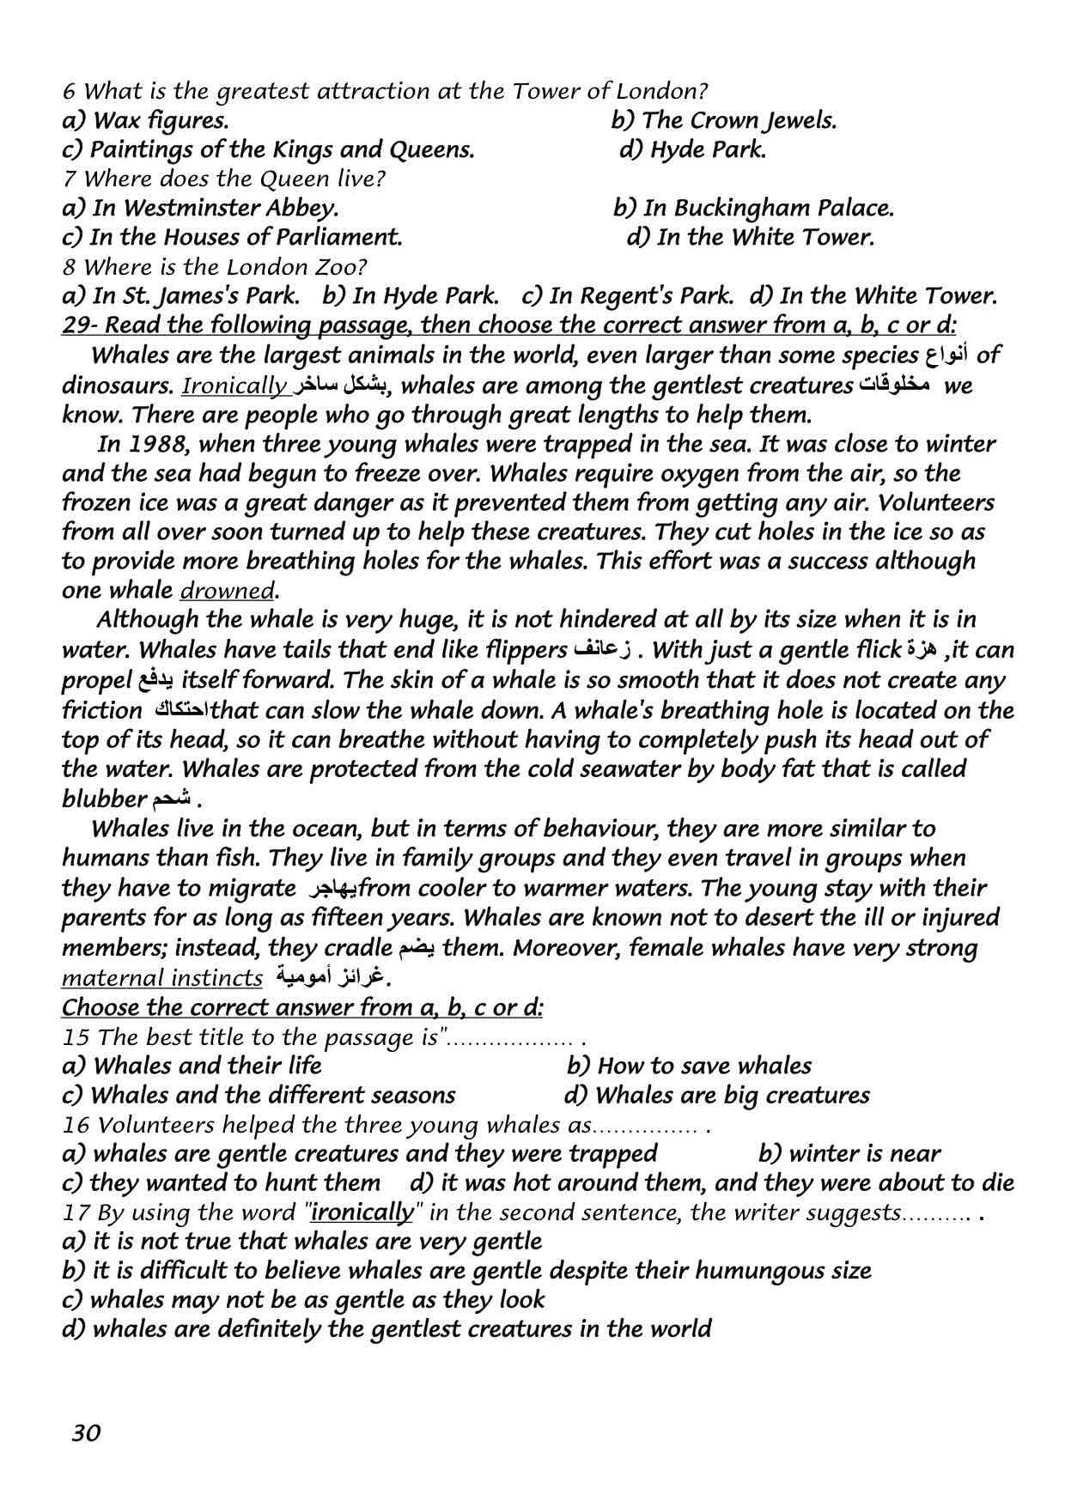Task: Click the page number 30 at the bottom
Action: tap(87, 1432)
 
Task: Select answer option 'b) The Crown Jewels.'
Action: tap(723, 121)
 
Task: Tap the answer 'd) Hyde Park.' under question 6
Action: tap(692, 150)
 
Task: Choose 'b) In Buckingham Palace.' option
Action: tap(753, 209)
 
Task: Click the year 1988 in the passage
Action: tap(159, 445)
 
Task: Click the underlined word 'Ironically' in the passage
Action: tap(234, 386)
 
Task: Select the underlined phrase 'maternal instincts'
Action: tap(162, 978)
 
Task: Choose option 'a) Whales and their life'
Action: tap(192, 1066)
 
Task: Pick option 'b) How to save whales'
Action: tap(689, 1066)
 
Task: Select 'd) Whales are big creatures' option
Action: tap(717, 1096)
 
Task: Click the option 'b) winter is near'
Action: tap(849, 1154)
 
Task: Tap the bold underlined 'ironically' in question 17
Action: tap(362, 1212)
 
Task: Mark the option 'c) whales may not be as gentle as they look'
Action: tap(304, 1300)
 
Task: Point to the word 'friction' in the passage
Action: tap(102, 711)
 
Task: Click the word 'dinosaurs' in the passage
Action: tap(115, 386)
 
